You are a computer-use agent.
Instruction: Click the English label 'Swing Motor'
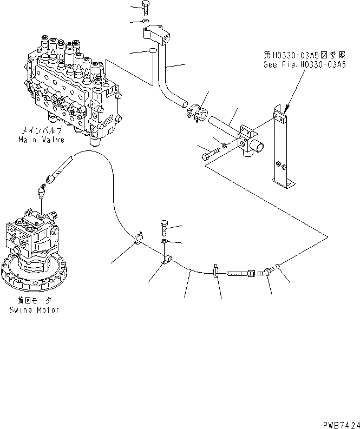[34, 311]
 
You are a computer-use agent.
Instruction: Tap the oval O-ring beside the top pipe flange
[152, 51]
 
